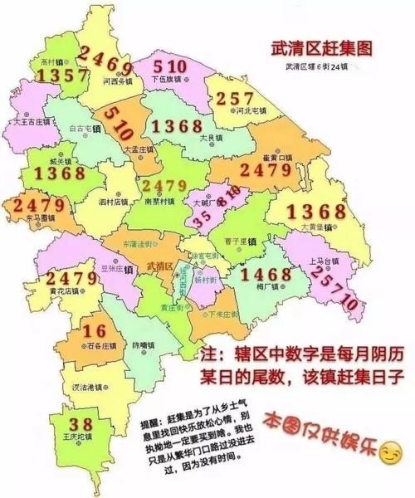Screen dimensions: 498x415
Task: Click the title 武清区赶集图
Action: tap(319, 50)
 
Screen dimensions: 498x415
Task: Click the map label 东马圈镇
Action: tap(40, 217)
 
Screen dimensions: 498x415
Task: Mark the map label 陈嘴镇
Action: tap(144, 344)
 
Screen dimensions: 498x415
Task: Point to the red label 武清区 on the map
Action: tap(158, 266)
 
